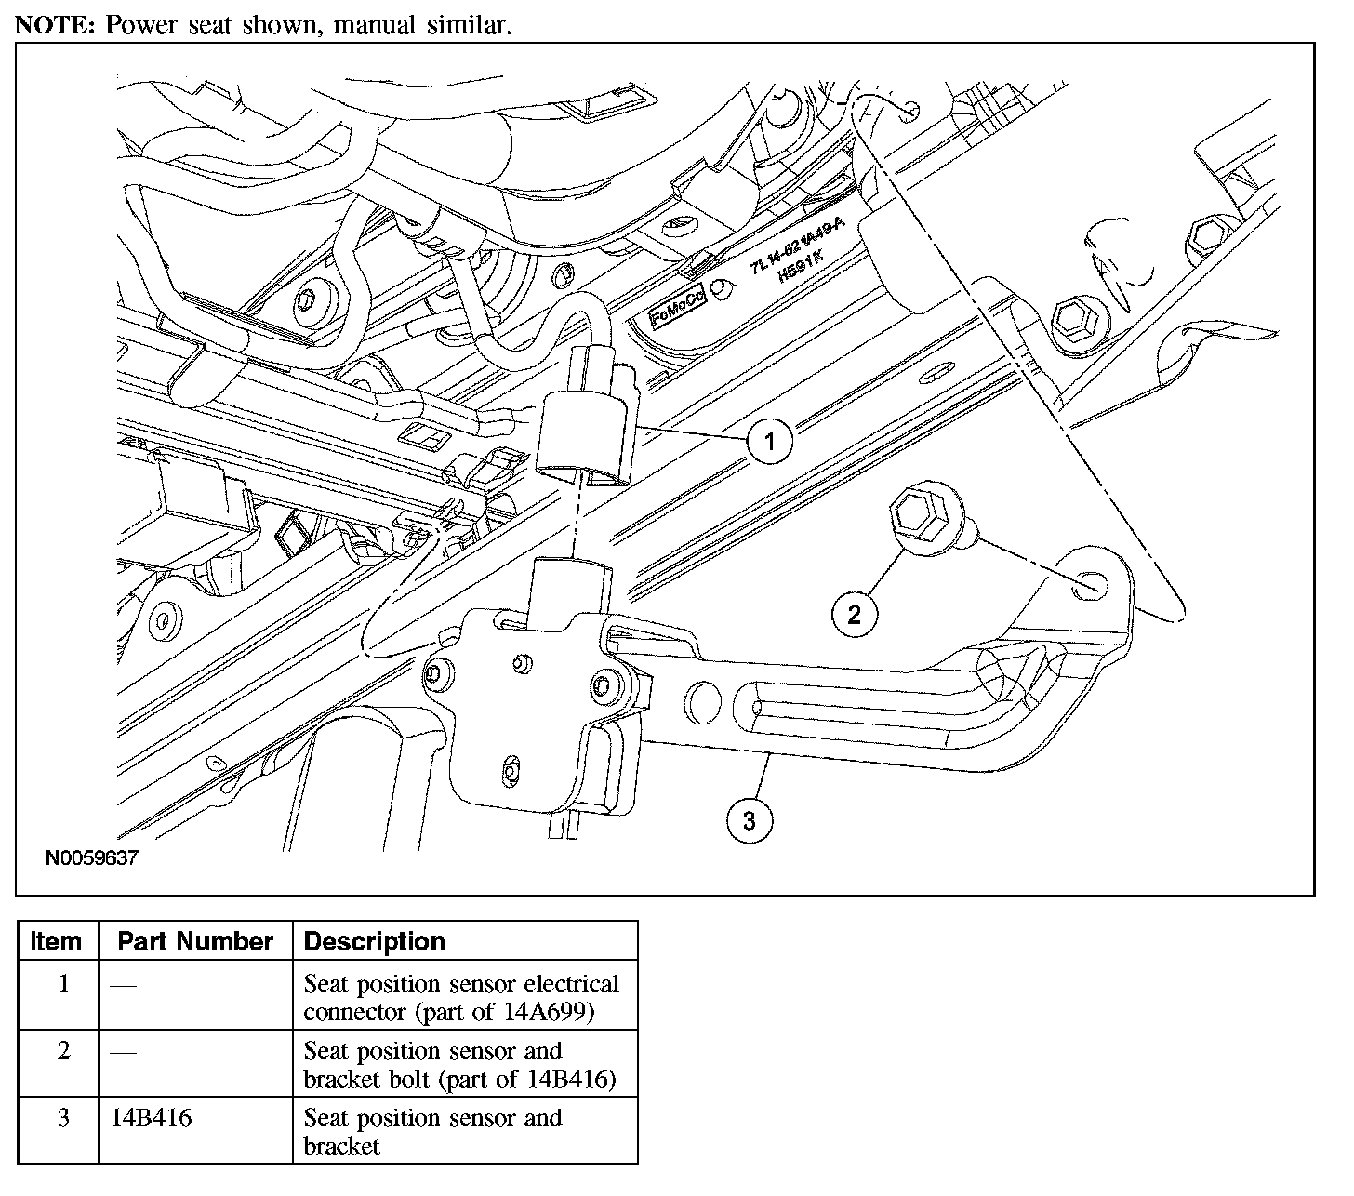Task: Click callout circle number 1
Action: pos(770,439)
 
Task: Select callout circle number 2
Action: pos(855,613)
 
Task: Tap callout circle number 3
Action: pos(750,820)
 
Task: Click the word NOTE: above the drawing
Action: pos(55,25)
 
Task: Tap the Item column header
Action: pos(56,941)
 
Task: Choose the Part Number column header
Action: pos(195,941)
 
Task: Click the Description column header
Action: pos(375,941)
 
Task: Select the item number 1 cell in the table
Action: pos(63,984)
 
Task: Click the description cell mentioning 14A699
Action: pos(461,997)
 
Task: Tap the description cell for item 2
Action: pos(459,1065)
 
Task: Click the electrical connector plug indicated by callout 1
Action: pos(586,426)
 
